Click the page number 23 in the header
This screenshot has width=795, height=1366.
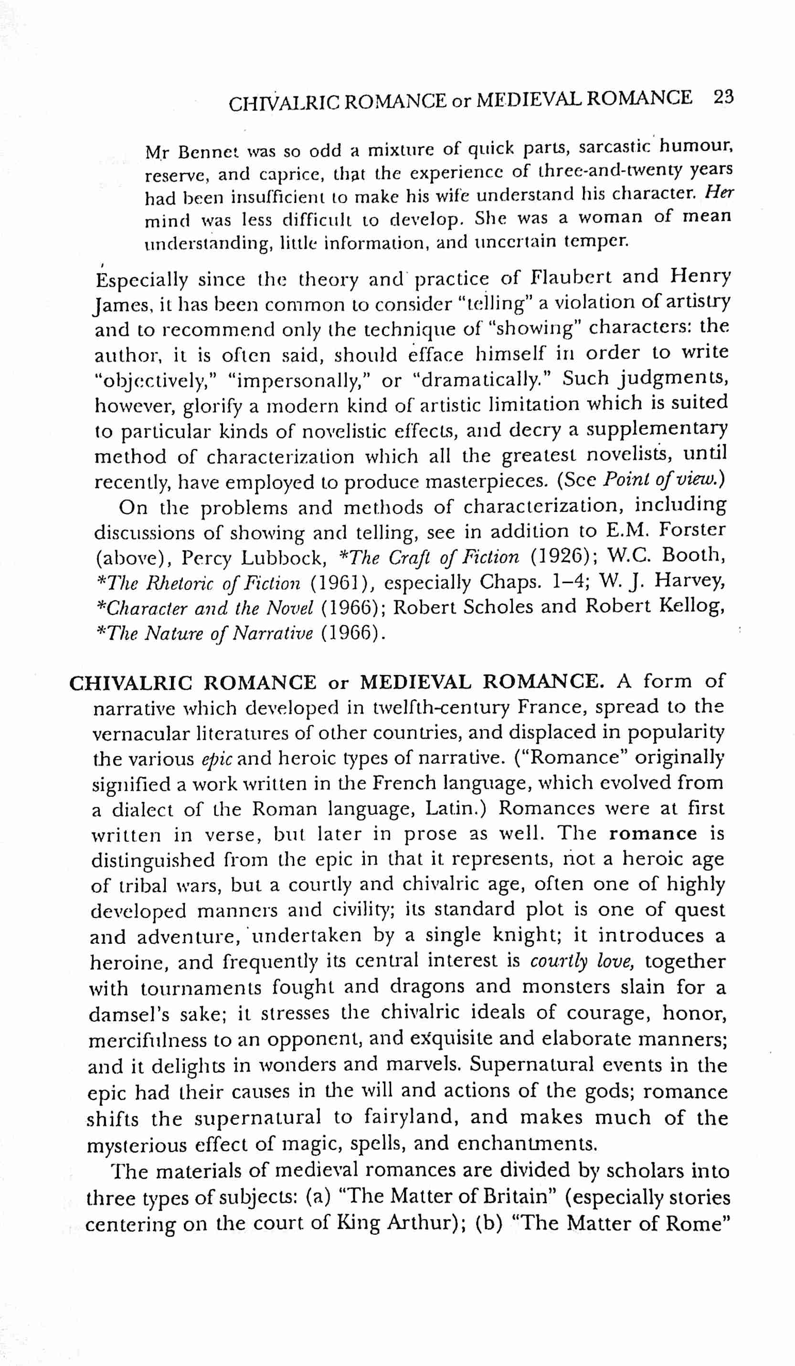[x=723, y=97]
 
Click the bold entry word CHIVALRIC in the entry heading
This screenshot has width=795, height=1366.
[x=131, y=683]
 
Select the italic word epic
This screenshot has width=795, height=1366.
[x=216, y=759]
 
